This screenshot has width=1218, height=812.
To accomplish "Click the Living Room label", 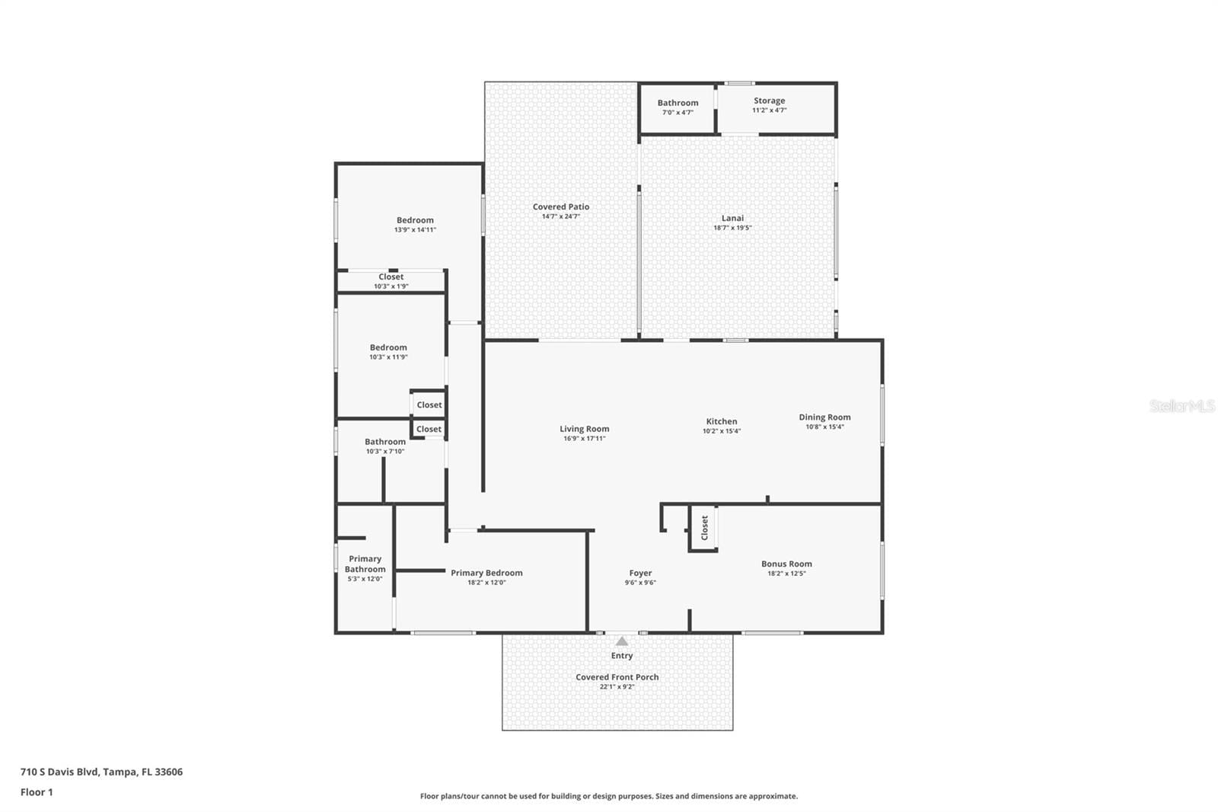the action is (x=585, y=429).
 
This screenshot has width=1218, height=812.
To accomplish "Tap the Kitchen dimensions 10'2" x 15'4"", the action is (x=722, y=431).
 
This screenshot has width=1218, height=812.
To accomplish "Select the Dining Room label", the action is (x=825, y=417).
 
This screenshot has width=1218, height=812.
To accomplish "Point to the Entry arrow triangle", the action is (x=622, y=641).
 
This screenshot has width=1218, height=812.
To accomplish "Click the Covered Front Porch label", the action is (x=617, y=677).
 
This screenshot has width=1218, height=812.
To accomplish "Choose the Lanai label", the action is (x=732, y=219).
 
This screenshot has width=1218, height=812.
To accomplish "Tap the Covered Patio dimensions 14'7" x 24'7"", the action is (x=561, y=216).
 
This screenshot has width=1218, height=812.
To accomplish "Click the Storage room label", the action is (x=770, y=101).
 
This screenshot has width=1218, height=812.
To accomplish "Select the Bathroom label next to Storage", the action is (x=678, y=103).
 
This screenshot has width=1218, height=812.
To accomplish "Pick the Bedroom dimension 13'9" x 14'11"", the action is (x=416, y=230).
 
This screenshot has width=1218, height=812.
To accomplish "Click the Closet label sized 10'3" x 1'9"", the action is (x=391, y=277).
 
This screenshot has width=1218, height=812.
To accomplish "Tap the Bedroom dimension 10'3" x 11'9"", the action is (x=388, y=357).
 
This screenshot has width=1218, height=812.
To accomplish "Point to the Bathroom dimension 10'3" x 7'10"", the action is (x=385, y=451).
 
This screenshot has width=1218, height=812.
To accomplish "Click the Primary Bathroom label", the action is (x=365, y=564).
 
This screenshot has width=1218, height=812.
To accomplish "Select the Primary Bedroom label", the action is (x=486, y=573).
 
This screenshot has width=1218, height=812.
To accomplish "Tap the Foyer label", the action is (x=640, y=573).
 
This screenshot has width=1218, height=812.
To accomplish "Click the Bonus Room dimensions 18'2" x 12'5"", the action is (x=787, y=574).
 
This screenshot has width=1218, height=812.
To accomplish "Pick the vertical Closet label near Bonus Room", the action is (x=705, y=528).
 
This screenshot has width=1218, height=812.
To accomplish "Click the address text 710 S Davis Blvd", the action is (x=60, y=772).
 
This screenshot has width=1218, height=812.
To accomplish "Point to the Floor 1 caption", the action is (x=37, y=792).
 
